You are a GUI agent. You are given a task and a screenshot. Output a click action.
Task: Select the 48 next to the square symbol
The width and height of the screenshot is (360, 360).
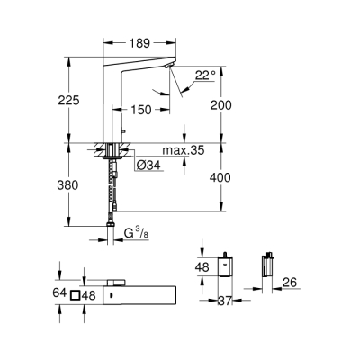point(88,293)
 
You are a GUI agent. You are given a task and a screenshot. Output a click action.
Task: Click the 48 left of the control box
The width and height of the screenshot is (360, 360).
point(202,267)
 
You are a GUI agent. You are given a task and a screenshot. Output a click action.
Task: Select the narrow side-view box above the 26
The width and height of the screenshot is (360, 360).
point(266,266)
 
